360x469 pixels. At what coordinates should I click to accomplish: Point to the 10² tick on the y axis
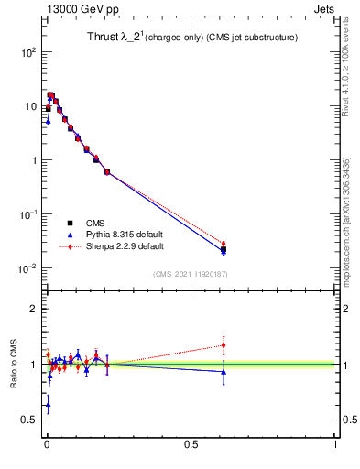tap(27, 52)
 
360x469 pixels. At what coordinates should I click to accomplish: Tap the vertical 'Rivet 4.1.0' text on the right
tap(347, 69)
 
